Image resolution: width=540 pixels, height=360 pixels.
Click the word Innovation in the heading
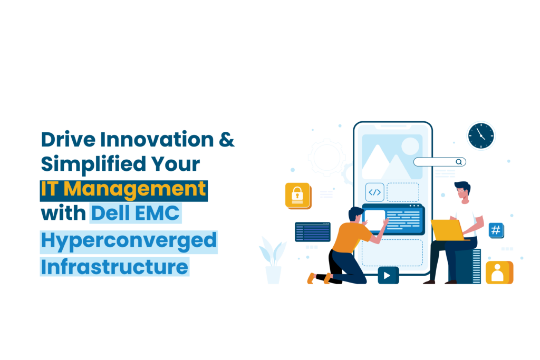[157, 139]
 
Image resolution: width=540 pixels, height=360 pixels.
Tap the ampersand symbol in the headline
[227, 139]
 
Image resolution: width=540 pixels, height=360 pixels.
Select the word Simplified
[93, 164]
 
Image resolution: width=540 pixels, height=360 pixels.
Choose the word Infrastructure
[114, 267]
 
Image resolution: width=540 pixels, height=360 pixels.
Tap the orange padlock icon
[298, 196]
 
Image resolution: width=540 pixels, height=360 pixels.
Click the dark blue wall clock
[481, 136]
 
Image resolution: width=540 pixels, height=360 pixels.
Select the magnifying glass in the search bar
[459, 162]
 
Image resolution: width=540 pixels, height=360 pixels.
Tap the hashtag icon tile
[496, 230]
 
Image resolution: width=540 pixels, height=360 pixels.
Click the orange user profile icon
[499, 273]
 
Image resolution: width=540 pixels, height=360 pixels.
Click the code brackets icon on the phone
[375, 192]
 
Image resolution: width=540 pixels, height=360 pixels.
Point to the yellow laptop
[447, 230]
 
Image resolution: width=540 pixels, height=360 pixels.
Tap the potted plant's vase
[274, 275]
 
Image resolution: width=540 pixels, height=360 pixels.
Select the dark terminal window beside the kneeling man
[313, 232]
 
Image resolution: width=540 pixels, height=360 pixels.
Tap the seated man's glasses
[461, 191]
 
